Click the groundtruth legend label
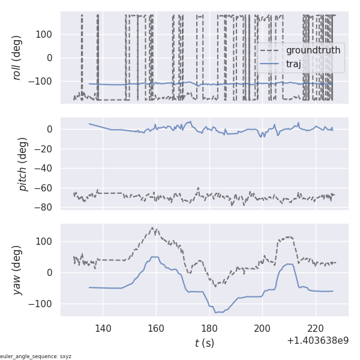pyautogui.click(x=313, y=50)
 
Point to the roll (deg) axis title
pyautogui.click(x=18, y=57)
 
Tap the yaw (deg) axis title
pyautogui.click(x=18, y=270)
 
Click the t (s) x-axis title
pyautogui.click(x=204, y=343)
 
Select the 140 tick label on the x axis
pyautogui.click(x=103, y=328)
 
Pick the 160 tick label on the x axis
pyautogui.click(x=156, y=328)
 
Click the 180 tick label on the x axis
pyautogui.click(x=209, y=328)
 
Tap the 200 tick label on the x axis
pyautogui.click(x=262, y=328)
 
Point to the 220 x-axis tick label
pyautogui.click(x=316, y=328)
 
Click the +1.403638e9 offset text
pyautogui.click(x=317, y=341)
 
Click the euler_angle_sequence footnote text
pyautogui.click(x=36, y=356)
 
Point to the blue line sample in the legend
pyautogui.click(x=270, y=64)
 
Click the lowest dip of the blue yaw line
pyautogui.click(x=216, y=312)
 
